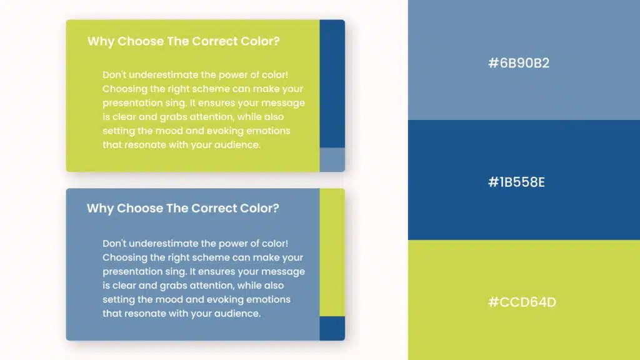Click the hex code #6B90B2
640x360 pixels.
click(x=519, y=63)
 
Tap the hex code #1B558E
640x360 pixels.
click(x=516, y=182)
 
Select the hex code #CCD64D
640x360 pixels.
click(x=522, y=302)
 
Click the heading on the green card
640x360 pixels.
click(x=184, y=42)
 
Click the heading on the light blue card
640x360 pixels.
click(x=183, y=209)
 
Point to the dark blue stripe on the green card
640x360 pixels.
click(x=332, y=84)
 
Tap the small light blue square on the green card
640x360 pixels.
click(x=332, y=159)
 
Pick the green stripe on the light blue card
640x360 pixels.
click(x=332, y=252)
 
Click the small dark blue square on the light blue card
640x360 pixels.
click(x=332, y=328)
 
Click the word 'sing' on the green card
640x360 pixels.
click(x=176, y=103)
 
